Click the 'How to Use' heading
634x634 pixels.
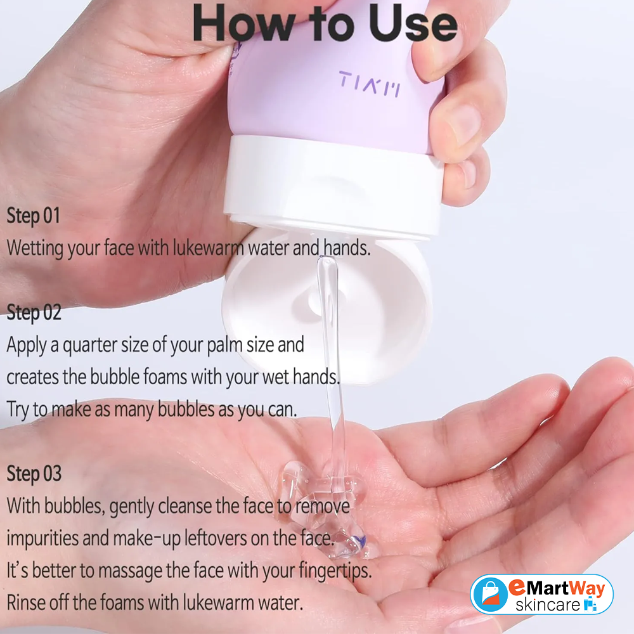click(x=325, y=24)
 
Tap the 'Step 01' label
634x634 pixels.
click(x=33, y=216)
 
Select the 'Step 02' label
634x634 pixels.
click(x=34, y=313)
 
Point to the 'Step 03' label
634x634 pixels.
click(x=34, y=474)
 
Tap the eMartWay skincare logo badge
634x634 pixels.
click(x=541, y=595)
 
